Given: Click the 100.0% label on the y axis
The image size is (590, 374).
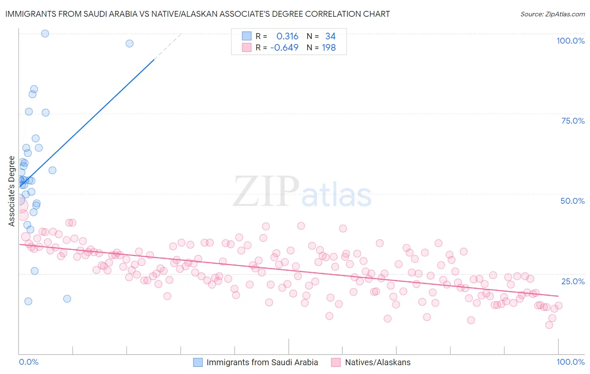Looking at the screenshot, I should pos(570,41).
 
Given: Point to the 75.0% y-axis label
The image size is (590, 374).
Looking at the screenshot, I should pos(573,121).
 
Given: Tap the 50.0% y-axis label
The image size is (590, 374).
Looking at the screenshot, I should pos(572,201).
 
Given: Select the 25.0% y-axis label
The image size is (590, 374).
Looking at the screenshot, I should pos(573,281).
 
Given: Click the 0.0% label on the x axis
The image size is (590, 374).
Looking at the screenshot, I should pos(29,362).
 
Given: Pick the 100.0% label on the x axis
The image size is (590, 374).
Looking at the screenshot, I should pos(570,362).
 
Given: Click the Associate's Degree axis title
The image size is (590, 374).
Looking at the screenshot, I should pos(12,191).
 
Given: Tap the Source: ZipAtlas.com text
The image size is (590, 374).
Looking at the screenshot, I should pos(552,14).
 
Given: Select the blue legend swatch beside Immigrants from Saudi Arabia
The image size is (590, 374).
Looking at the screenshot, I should pos(198,362).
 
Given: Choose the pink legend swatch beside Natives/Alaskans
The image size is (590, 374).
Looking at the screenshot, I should pos(336,362).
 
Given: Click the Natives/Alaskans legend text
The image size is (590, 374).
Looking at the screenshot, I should pos(378,362).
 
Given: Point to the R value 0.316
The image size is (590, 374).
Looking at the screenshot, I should pos(287,36).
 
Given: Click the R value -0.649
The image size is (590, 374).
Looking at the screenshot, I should pos(284,48).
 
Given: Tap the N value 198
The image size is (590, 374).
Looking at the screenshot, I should pos(329,48).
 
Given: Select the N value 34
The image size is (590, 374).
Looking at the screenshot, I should pos(330,36).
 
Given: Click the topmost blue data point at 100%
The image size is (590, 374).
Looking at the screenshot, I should pos(45,34).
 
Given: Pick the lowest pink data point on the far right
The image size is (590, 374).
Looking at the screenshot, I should pos(549,325).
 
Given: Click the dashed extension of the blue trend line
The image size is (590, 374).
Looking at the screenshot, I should pos(168,46).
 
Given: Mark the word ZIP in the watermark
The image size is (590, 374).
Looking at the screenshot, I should pos(266,192).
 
